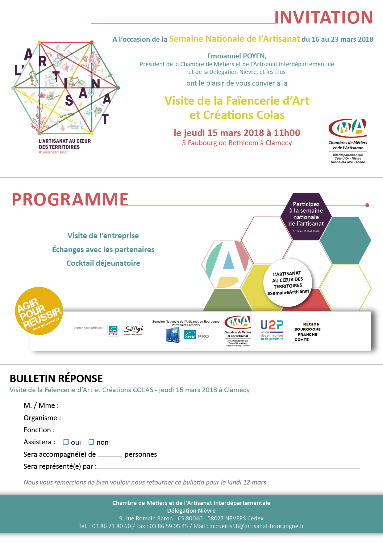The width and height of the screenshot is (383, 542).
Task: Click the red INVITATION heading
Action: pos(323,17)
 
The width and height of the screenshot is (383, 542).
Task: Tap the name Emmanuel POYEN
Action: pos(237,56)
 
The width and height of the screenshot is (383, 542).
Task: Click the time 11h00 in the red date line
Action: pos(287,133)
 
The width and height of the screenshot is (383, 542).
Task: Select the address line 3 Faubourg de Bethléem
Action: pos(237,143)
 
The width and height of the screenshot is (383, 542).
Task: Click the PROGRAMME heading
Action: pos(70,199)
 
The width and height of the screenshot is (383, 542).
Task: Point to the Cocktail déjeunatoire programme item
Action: pos(103,263)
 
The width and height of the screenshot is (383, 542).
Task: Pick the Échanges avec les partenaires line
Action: pos(103,250)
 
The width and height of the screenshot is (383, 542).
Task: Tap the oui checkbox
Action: pos(66,442)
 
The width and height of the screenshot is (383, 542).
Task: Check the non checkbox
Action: pos(91,442)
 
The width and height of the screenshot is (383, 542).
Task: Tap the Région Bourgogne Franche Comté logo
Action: pos(307,332)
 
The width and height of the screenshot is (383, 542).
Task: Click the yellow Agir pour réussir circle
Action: pos(39,311)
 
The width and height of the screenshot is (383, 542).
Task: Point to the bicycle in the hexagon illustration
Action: pos(76,83)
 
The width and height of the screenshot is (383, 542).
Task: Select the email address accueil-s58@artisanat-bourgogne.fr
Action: pos(257,526)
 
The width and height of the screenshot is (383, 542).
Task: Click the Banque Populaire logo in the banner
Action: pos(173,335)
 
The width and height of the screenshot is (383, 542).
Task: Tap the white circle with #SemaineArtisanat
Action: pos(288,282)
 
